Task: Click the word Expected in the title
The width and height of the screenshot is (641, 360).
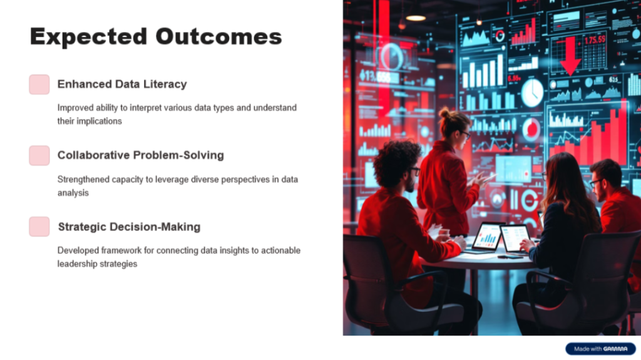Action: click(88, 37)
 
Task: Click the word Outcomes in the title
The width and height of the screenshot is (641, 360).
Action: click(218, 36)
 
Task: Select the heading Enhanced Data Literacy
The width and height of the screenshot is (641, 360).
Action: click(122, 85)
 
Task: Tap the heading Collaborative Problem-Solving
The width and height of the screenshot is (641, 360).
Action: click(141, 155)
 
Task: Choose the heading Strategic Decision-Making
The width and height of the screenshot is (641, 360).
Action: click(129, 227)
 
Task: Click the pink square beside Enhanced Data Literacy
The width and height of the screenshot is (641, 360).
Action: click(39, 85)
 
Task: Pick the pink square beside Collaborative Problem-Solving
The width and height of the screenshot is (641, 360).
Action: click(39, 155)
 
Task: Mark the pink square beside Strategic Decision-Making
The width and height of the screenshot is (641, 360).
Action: click(39, 227)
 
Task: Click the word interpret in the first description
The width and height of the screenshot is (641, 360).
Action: click(145, 108)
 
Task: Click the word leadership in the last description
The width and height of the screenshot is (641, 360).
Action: click(75, 264)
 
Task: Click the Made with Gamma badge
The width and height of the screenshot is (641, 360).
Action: click(600, 349)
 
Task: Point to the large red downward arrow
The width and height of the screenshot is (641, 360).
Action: click(570, 55)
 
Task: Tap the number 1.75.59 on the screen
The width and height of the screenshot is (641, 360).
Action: click(595, 40)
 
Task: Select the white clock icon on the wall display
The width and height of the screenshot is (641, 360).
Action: click(532, 93)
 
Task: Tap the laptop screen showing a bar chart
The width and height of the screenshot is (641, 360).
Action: click(488, 237)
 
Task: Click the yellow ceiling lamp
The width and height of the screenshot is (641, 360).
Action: click(416, 18)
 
